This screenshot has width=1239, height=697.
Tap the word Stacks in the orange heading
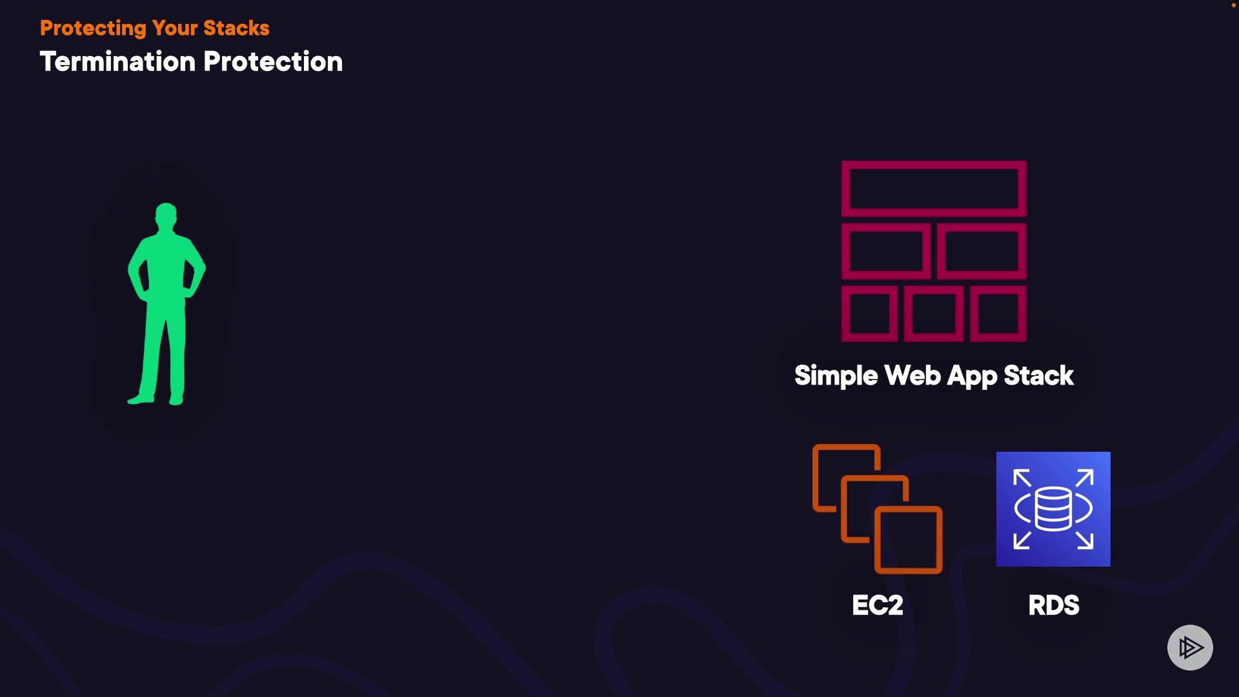click(x=236, y=28)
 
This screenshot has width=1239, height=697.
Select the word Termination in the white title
click(x=117, y=62)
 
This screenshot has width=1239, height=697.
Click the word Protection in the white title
click(x=273, y=62)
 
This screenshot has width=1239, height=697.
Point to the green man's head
click(x=166, y=214)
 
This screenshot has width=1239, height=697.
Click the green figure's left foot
click(x=141, y=399)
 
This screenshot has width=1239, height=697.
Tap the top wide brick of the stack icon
click(x=934, y=188)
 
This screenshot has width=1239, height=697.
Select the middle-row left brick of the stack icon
click(x=886, y=251)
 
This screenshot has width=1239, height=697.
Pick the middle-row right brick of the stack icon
click(x=982, y=251)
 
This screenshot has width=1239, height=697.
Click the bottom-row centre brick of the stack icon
click(x=934, y=314)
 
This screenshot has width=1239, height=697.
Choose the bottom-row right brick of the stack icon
click(x=998, y=314)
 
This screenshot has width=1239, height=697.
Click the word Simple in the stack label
click(x=836, y=376)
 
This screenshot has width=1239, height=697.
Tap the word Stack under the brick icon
click(x=1038, y=376)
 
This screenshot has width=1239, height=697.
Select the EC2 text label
click(x=878, y=605)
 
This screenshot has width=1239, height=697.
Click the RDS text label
click(x=1053, y=605)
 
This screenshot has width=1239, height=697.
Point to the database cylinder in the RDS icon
click(x=1053, y=509)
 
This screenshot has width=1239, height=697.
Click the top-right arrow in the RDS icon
click(x=1085, y=478)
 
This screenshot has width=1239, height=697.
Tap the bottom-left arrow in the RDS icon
click(x=1022, y=541)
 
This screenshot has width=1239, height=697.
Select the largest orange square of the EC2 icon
click(x=909, y=540)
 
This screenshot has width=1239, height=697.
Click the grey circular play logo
click(x=1190, y=647)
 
